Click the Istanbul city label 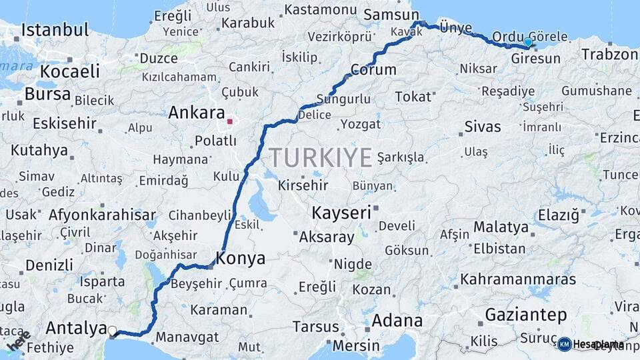coord(55,30)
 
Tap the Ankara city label coord(196,113)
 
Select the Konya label coord(241,258)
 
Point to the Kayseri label coord(341,213)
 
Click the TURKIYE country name coord(320,158)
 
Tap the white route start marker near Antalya coord(112,330)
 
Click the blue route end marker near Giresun coord(528,43)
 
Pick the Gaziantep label coord(526,314)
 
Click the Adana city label coord(397,320)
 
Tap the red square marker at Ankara coord(230,122)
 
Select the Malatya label coord(501,227)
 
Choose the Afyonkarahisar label coord(102,215)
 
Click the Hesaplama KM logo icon coord(565,344)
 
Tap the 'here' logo coord(19,340)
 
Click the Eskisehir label coord(64,124)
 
